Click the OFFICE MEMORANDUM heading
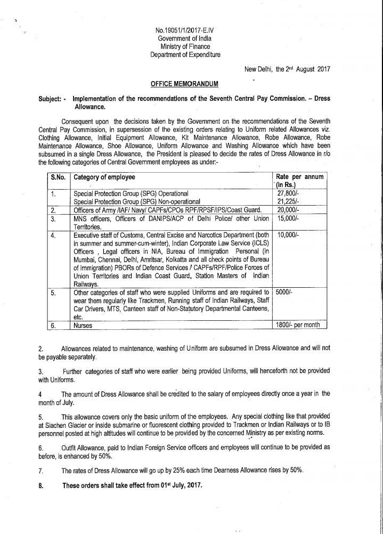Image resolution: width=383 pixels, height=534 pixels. [184, 84]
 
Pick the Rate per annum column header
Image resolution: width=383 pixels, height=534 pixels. [300, 177]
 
